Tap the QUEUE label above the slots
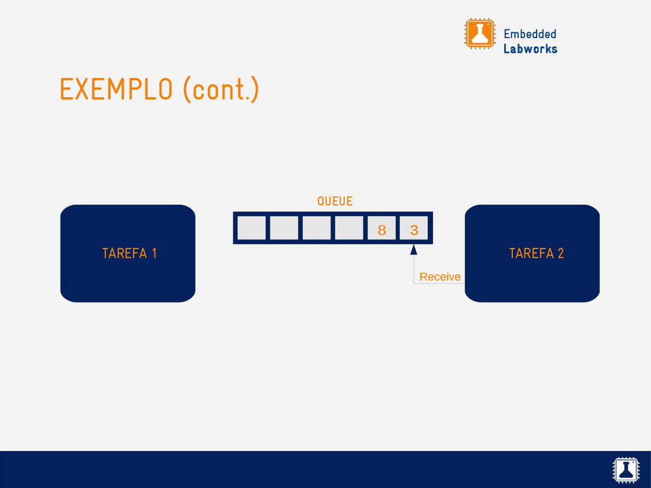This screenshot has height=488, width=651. pos(334,201)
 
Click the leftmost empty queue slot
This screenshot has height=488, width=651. pos(251,228)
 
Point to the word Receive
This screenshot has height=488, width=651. pos(440,277)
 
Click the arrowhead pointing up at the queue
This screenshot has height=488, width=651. pos(414,251)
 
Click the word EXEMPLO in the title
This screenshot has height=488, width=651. pos(116,90)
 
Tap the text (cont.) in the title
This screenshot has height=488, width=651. pos(221,90)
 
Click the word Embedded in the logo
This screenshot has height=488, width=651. pos(530,34)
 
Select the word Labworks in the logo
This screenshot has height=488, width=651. pos(530,49)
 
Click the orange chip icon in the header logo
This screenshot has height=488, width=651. pos(479,34)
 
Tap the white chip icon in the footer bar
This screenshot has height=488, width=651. pos(626,470)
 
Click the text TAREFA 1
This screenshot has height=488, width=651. pos(129,254)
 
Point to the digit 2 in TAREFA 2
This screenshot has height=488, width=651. pos(560,254)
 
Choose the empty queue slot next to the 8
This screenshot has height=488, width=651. pos(349,228)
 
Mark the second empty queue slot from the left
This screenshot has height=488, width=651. pos(284,228)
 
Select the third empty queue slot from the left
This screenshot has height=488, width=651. pos(317,228)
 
